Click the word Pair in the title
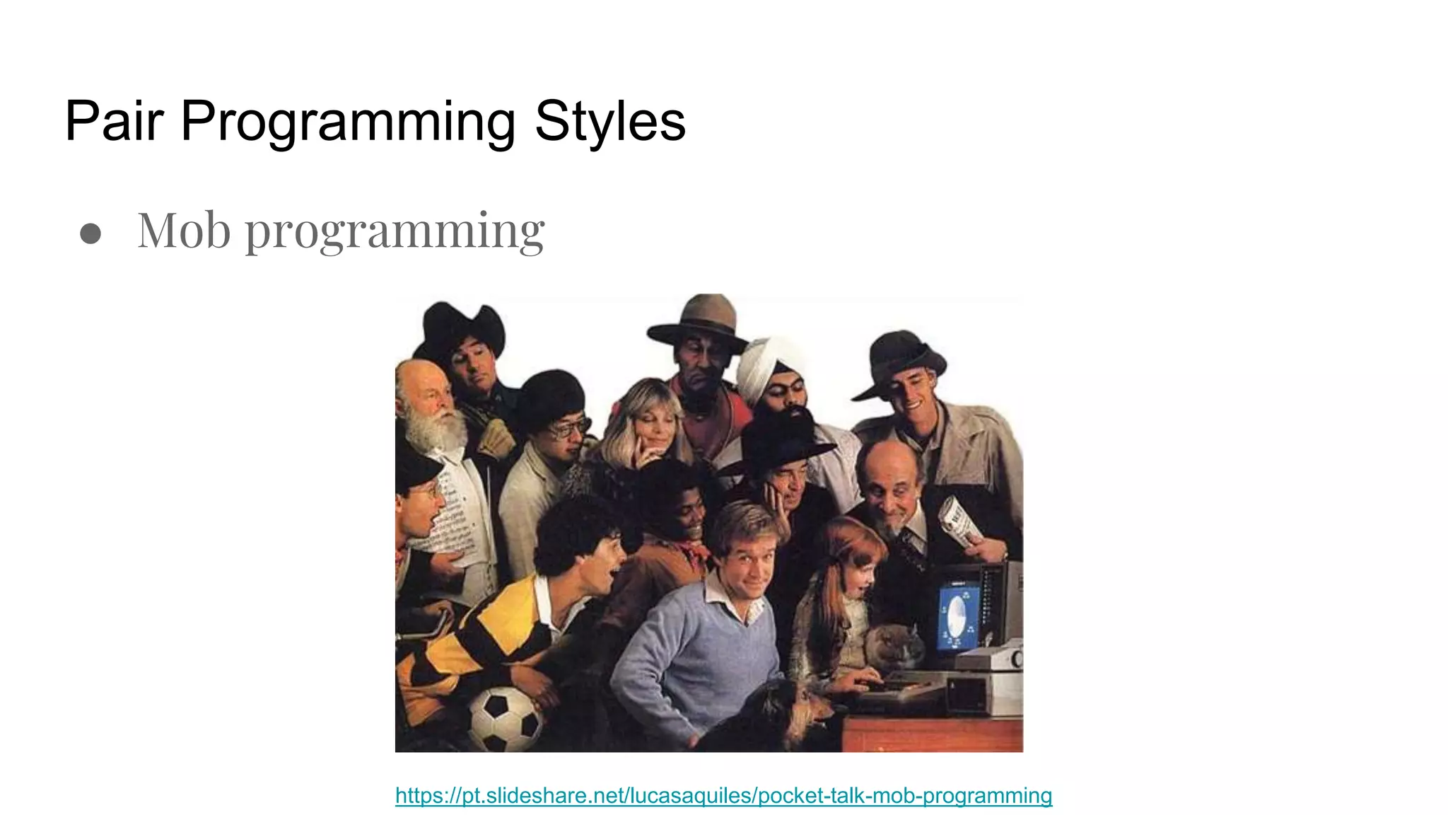pyautogui.click(x=114, y=122)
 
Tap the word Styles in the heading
pyautogui.click(x=609, y=122)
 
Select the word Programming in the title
pyautogui.click(x=348, y=122)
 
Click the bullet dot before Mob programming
pyautogui.click(x=90, y=233)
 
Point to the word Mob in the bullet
pyautogui.click(x=184, y=231)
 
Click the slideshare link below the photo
pyautogui.click(x=723, y=795)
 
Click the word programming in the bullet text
pyautogui.click(x=395, y=232)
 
